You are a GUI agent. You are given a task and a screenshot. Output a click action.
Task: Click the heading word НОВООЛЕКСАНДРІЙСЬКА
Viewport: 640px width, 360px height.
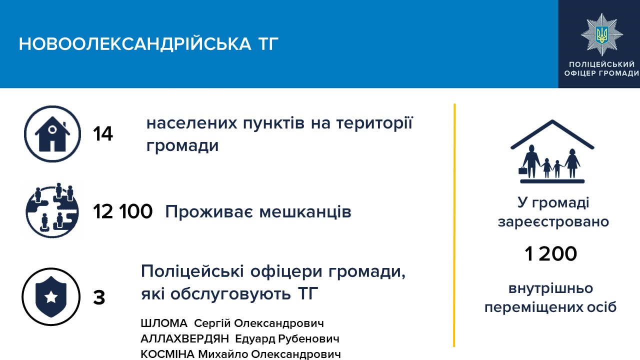click(x=135, y=44)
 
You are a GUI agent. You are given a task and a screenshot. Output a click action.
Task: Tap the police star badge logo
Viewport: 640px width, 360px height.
click(x=602, y=34)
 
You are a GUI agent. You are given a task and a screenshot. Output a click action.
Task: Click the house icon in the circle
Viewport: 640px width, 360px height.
click(x=52, y=133)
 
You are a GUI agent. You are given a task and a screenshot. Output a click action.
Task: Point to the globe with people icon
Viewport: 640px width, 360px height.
click(x=52, y=210)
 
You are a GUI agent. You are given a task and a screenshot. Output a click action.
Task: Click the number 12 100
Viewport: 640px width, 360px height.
click(x=123, y=211)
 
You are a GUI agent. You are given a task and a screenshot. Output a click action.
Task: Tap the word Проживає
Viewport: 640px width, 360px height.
click(x=209, y=212)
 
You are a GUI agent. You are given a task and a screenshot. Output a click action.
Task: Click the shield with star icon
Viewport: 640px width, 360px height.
click(x=51, y=296)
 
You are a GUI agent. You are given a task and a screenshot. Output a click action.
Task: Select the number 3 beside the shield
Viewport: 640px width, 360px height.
click(x=99, y=297)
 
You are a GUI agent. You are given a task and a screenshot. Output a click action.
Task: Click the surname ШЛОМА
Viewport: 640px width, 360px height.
click(x=164, y=323)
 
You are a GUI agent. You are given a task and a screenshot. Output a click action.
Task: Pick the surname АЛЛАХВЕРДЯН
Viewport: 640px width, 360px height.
click(x=185, y=339)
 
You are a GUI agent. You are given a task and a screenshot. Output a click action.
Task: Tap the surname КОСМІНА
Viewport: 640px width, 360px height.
click(x=167, y=354)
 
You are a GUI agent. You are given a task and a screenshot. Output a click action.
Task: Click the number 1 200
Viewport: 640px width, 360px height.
click(x=551, y=253)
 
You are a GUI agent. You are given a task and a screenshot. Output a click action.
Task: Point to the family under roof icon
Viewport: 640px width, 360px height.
click(x=552, y=151)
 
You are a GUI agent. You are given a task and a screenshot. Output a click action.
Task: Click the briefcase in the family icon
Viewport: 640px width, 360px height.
click(x=523, y=170)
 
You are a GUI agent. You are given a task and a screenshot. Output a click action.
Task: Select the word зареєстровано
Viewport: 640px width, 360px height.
click(x=553, y=222)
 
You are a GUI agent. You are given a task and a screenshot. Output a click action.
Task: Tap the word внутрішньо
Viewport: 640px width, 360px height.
click(x=550, y=288)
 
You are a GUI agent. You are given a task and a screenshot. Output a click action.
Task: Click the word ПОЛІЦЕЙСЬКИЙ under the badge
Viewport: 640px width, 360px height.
click(x=601, y=64)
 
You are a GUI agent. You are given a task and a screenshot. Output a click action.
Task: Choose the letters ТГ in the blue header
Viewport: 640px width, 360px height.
click(x=268, y=44)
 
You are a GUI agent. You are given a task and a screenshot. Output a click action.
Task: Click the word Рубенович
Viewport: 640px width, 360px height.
click(x=308, y=339)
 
